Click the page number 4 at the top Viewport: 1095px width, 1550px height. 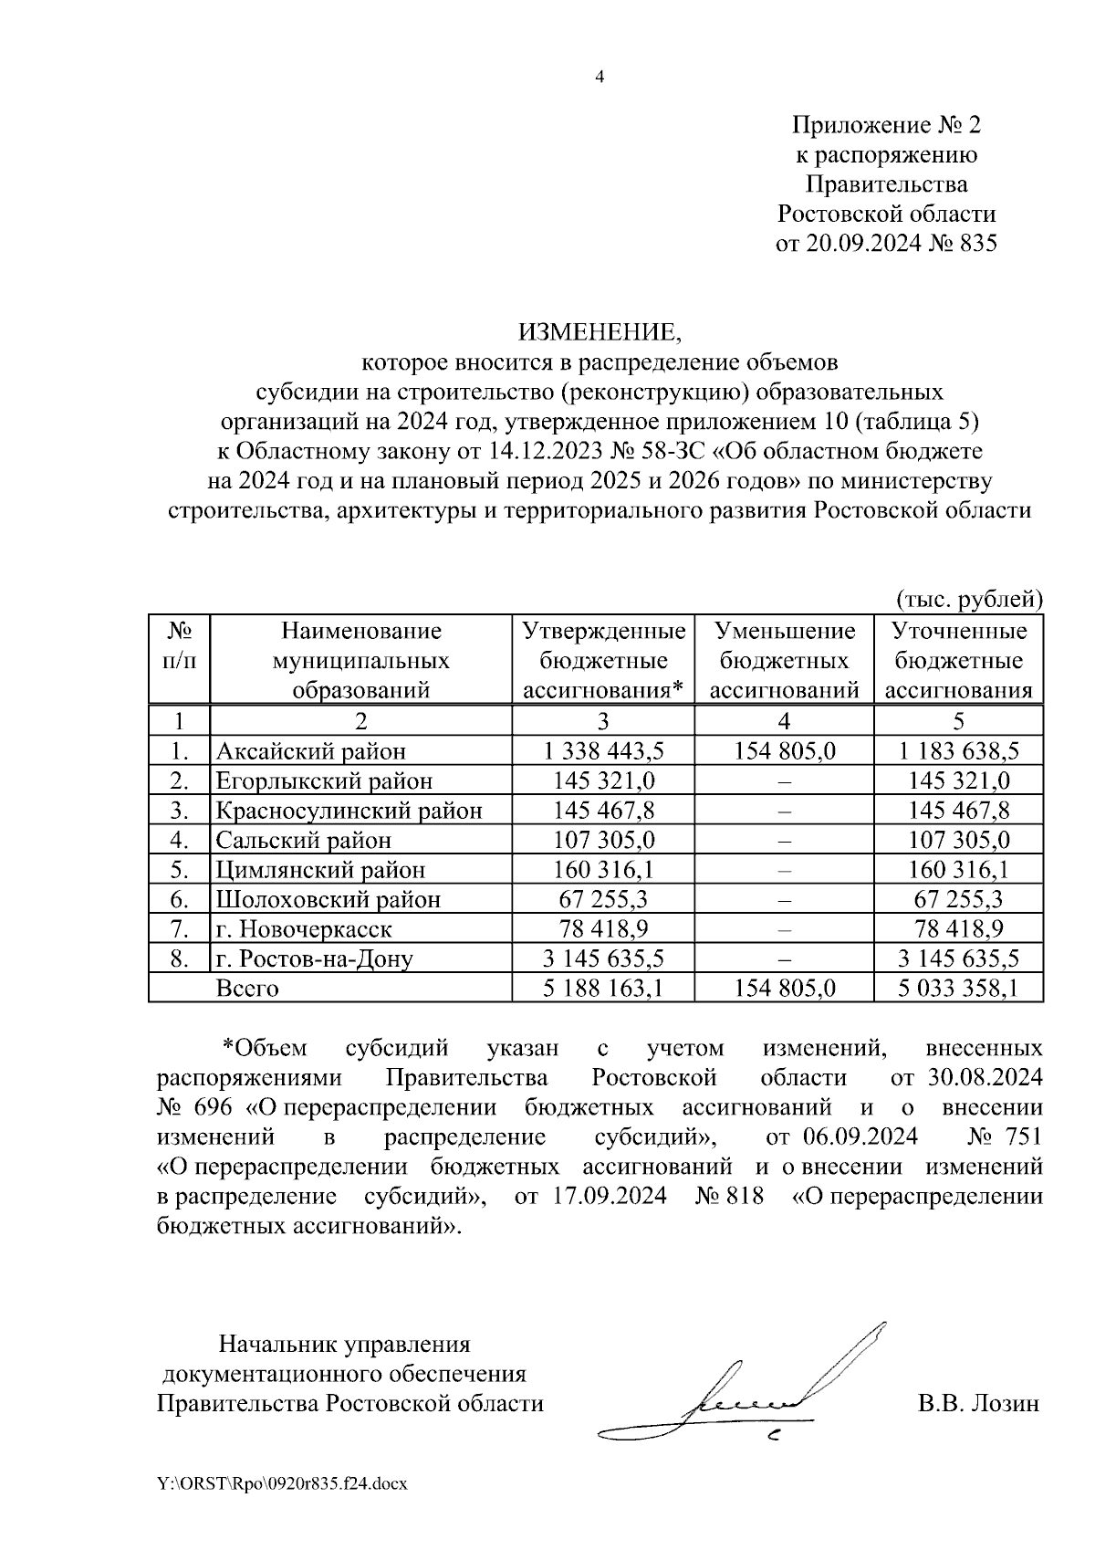coord(600,78)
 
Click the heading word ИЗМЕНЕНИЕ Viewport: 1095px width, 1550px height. coord(600,330)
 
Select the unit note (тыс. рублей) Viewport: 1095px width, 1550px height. coord(969,599)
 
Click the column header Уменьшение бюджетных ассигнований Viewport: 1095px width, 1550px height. coord(784,660)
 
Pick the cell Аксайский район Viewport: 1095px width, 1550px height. coord(310,751)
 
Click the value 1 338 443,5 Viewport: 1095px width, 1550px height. coord(603,751)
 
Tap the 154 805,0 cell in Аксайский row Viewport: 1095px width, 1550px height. coord(784,751)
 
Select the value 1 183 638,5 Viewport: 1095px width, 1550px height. coord(957,751)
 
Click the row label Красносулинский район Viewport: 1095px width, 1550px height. coord(349,811)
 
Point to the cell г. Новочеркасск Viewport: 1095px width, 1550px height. coord(304,929)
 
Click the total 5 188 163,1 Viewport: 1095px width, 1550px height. coord(603,988)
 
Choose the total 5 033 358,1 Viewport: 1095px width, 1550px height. coord(957,988)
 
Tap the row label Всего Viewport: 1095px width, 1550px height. coord(246,989)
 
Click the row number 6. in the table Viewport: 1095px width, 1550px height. coord(179,899)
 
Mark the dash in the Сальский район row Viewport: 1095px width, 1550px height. coord(784,841)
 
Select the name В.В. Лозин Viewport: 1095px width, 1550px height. coord(978,1403)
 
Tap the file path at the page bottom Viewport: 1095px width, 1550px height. coord(282,1484)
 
